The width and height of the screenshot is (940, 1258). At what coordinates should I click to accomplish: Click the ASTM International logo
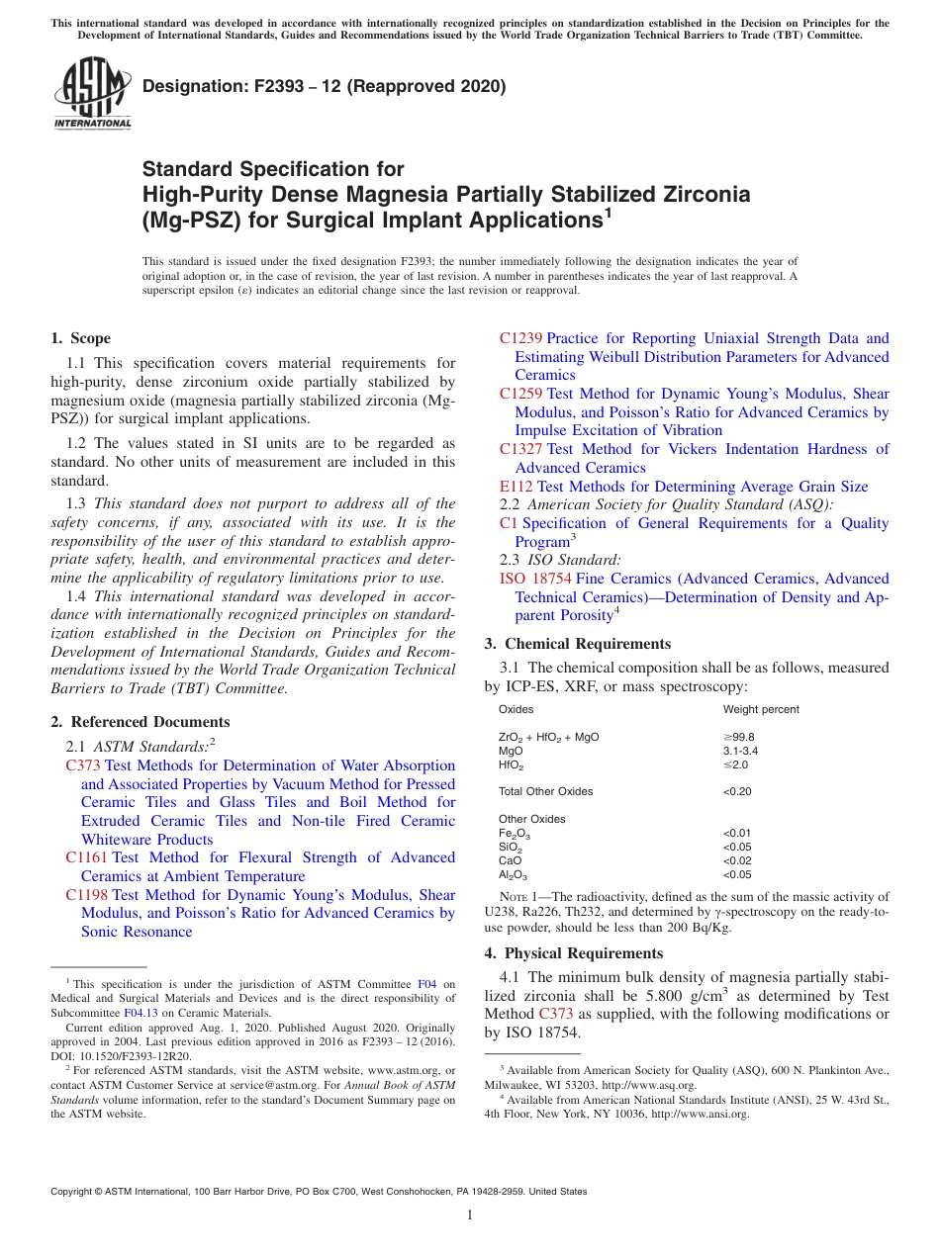[x=92, y=94]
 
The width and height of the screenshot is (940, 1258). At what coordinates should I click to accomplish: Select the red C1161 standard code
[x=87, y=857]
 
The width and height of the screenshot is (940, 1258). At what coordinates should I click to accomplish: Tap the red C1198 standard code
[x=87, y=895]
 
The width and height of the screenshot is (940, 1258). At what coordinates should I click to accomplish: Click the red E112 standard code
[x=517, y=487]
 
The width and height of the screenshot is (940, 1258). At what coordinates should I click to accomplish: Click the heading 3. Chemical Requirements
[x=577, y=644]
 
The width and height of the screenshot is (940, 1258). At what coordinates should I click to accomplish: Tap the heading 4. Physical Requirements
[x=573, y=953]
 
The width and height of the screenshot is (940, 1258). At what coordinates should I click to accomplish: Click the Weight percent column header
[x=761, y=709]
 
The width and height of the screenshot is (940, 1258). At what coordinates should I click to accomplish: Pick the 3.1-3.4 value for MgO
[x=740, y=751]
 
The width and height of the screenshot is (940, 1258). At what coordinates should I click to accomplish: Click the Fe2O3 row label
[x=514, y=834]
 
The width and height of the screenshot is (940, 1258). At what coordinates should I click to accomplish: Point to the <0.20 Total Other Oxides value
[x=737, y=791]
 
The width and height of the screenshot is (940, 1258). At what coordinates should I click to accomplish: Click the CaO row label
[x=510, y=860]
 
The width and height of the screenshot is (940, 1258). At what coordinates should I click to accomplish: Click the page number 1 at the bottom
[x=470, y=1215]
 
